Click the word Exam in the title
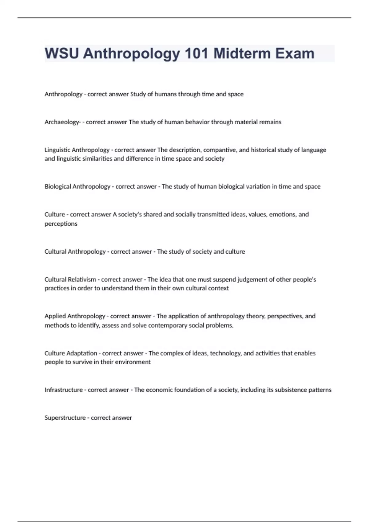click(295, 53)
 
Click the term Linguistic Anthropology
click(77, 150)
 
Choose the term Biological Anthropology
click(77, 186)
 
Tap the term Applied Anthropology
click(75, 316)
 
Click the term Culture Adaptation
click(71, 353)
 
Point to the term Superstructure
click(65, 418)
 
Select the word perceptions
click(61, 224)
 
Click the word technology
click(225, 353)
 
